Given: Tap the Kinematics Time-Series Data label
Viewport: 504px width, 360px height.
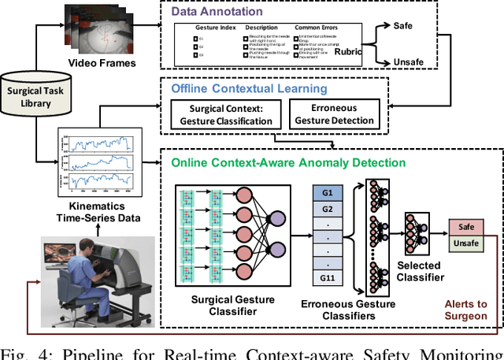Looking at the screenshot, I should (x=97, y=209).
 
